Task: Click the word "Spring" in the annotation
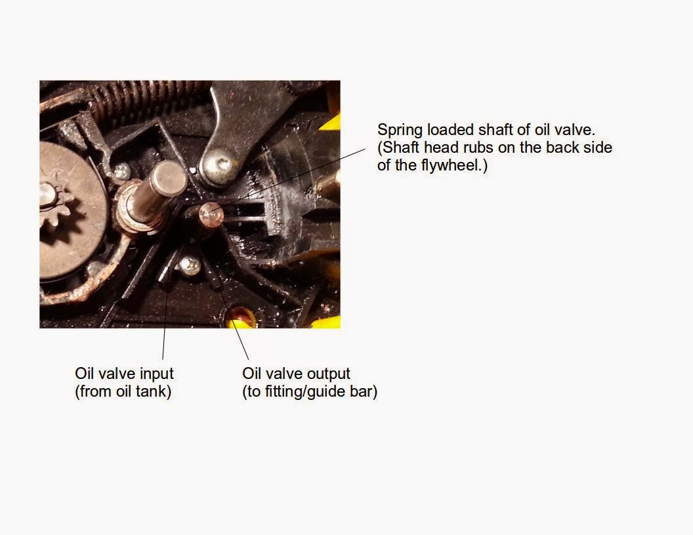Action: pos(400,130)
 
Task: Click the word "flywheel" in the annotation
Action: pos(451,165)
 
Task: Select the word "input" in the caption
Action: pos(156,374)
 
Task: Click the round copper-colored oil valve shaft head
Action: pos(211,215)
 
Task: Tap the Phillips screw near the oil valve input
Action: pos(190,266)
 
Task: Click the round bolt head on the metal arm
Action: pos(219,167)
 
